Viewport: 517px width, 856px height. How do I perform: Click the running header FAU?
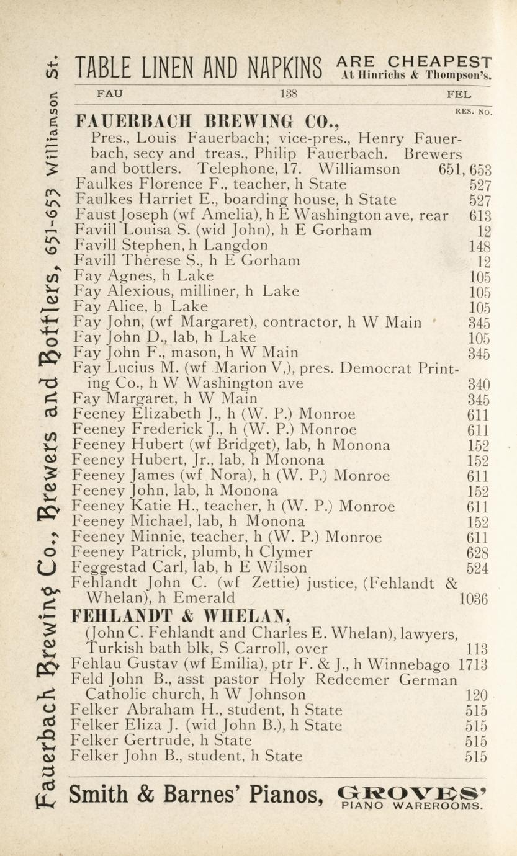(110, 95)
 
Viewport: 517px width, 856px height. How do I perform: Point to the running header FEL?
(459, 96)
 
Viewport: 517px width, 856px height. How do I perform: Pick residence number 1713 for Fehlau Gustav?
(473, 664)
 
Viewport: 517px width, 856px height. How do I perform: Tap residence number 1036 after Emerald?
(473, 599)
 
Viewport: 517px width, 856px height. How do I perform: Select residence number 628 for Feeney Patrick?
(477, 553)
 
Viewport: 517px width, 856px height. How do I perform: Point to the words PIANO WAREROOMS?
(411, 806)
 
